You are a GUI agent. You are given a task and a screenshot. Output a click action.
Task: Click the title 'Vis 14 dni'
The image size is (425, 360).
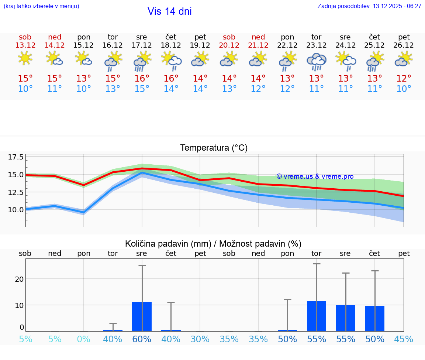(169, 11)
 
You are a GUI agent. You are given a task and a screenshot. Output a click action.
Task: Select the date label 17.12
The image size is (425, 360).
(142, 45)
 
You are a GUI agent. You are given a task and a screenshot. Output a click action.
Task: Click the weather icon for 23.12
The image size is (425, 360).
(316, 61)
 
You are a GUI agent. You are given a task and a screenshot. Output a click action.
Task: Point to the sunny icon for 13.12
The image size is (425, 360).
(25, 58)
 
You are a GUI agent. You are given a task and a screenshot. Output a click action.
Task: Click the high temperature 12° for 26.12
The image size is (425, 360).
(404, 79)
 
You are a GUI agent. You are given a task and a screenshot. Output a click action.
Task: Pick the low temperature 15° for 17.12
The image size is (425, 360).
(142, 89)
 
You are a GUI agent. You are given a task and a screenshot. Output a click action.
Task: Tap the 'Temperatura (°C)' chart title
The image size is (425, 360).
(214, 148)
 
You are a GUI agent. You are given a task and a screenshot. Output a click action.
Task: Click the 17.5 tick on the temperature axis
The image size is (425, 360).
(16, 157)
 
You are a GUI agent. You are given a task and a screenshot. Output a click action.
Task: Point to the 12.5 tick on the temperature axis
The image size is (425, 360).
(16, 192)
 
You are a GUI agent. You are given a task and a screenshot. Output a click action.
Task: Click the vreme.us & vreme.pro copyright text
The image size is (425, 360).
(315, 176)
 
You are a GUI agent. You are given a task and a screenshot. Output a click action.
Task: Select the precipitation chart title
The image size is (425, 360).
(213, 244)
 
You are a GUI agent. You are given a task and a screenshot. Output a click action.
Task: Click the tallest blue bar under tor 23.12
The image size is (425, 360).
(317, 316)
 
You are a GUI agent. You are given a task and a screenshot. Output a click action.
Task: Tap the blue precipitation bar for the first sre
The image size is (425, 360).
(142, 316)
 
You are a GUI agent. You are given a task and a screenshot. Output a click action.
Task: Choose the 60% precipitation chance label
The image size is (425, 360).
(142, 339)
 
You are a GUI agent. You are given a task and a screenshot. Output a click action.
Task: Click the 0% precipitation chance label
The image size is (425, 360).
(84, 339)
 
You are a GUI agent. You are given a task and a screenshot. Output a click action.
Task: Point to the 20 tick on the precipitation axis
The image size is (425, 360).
(19, 279)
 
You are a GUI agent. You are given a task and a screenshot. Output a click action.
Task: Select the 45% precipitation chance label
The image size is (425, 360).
(404, 339)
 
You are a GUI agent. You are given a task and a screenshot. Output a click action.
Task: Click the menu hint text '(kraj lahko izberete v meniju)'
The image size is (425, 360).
(41, 6)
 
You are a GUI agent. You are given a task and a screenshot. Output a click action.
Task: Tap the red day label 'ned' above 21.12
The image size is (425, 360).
(258, 37)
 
